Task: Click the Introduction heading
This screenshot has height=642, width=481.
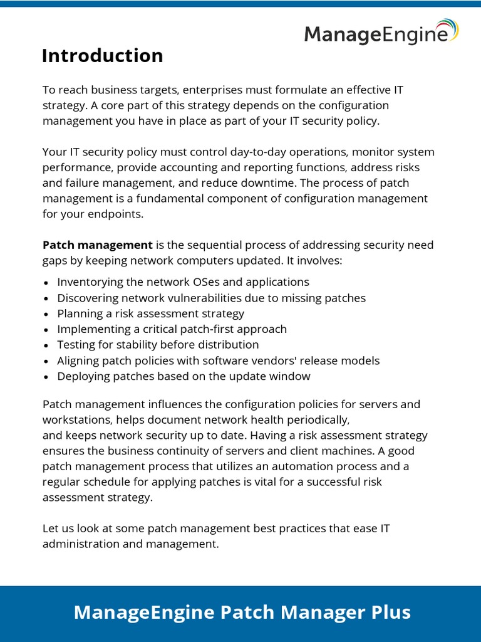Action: (102, 56)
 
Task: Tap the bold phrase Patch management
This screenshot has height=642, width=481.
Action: (97, 245)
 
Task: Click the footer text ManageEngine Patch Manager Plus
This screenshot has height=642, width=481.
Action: (242, 613)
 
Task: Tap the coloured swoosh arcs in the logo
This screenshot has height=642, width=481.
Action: (449, 29)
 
